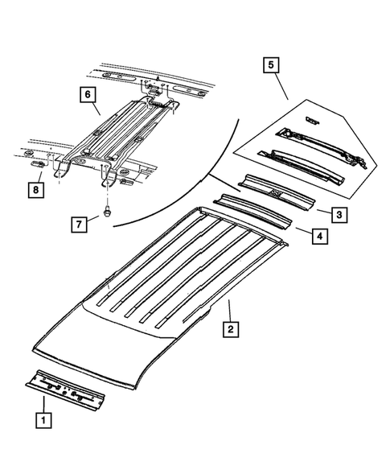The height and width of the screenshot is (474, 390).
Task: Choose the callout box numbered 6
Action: [85, 96]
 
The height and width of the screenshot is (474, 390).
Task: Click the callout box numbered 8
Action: [35, 190]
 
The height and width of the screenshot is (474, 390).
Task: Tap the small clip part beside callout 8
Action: [36, 164]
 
